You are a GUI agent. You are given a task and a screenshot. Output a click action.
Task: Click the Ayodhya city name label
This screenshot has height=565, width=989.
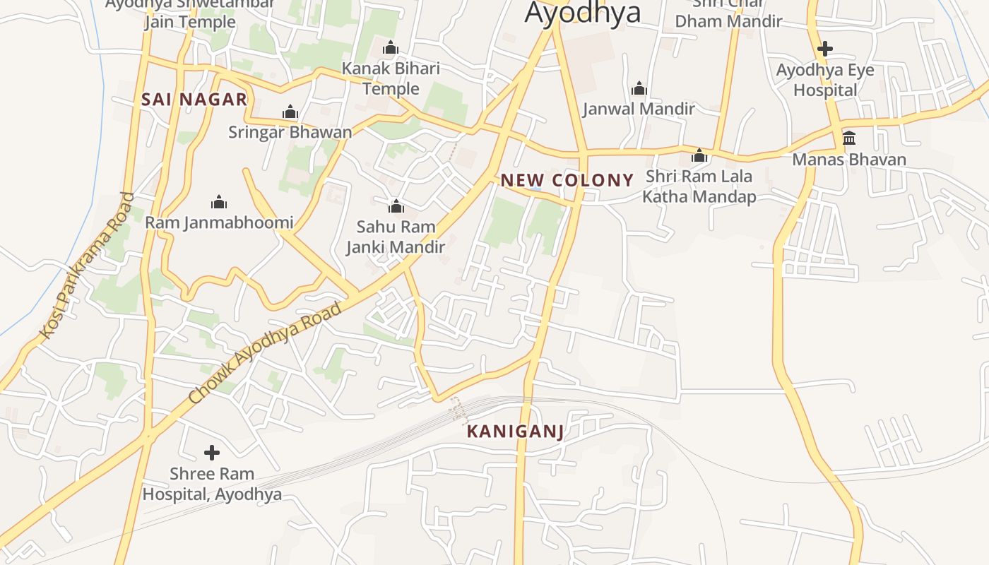click(x=583, y=13)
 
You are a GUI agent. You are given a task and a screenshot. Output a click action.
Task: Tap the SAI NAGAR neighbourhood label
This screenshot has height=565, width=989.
click(x=194, y=100)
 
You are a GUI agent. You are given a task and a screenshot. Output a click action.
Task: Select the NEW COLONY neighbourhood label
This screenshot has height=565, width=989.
click(x=567, y=180)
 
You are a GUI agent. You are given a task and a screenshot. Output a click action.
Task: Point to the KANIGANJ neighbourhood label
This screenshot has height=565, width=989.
click(x=516, y=432)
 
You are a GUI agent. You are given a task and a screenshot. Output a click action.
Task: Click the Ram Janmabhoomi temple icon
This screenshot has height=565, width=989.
click(x=219, y=203)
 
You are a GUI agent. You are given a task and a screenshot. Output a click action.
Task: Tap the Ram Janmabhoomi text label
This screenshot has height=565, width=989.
click(x=219, y=223)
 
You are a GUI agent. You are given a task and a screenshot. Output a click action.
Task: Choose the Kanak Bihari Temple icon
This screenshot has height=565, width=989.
click(x=391, y=48)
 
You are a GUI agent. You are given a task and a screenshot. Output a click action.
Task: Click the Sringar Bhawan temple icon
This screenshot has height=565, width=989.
click(x=290, y=112)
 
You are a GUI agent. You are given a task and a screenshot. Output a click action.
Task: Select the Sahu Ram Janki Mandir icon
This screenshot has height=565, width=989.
click(x=396, y=206)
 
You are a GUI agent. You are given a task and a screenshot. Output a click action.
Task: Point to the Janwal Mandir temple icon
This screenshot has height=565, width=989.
click(x=639, y=88)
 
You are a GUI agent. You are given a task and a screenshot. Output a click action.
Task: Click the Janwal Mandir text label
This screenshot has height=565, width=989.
click(x=639, y=109)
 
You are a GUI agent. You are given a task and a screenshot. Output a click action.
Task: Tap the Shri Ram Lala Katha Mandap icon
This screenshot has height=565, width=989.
click(x=699, y=155)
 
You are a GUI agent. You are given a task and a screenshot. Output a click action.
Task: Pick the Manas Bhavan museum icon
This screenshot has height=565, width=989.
click(x=849, y=138)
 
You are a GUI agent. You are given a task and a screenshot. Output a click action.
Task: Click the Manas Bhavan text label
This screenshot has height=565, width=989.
click(x=849, y=160)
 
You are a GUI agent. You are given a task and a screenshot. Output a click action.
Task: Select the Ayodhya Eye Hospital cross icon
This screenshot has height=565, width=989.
click(x=824, y=49)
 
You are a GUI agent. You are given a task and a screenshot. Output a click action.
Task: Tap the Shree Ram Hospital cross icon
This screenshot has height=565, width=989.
click(x=211, y=453)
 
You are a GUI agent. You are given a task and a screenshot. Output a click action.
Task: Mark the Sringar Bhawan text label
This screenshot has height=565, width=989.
click(x=290, y=132)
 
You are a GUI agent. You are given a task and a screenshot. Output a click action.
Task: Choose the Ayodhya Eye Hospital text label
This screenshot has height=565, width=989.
click(x=825, y=81)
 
